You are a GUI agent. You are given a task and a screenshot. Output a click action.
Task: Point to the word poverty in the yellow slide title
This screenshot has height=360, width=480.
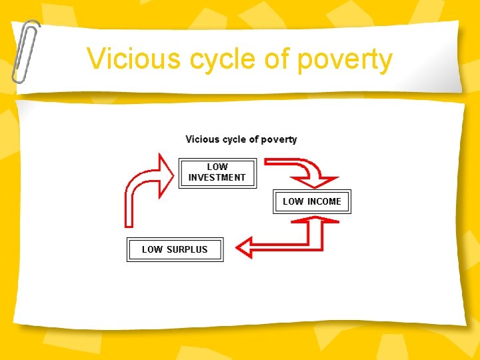pyautogui.click(x=345, y=60)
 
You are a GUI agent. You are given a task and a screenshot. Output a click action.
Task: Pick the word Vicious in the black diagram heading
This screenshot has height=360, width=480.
pyautogui.click(x=202, y=139)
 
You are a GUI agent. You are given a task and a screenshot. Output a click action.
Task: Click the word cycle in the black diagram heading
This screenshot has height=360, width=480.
pyautogui.click(x=234, y=139)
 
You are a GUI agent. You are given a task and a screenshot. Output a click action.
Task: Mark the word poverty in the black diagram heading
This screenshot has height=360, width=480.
pyautogui.click(x=279, y=139)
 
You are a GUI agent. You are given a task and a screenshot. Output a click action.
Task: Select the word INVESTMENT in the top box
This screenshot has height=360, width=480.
pyautogui.click(x=217, y=178)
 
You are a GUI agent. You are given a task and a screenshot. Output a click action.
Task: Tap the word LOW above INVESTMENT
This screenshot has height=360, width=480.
pyautogui.click(x=217, y=167)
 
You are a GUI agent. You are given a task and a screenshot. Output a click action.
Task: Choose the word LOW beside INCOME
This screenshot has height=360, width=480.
pyautogui.click(x=293, y=201)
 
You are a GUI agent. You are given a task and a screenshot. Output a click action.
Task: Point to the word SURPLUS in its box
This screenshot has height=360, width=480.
pyautogui.click(x=187, y=249)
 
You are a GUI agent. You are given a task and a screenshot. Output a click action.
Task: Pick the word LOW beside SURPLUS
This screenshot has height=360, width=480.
pyautogui.click(x=152, y=249)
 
